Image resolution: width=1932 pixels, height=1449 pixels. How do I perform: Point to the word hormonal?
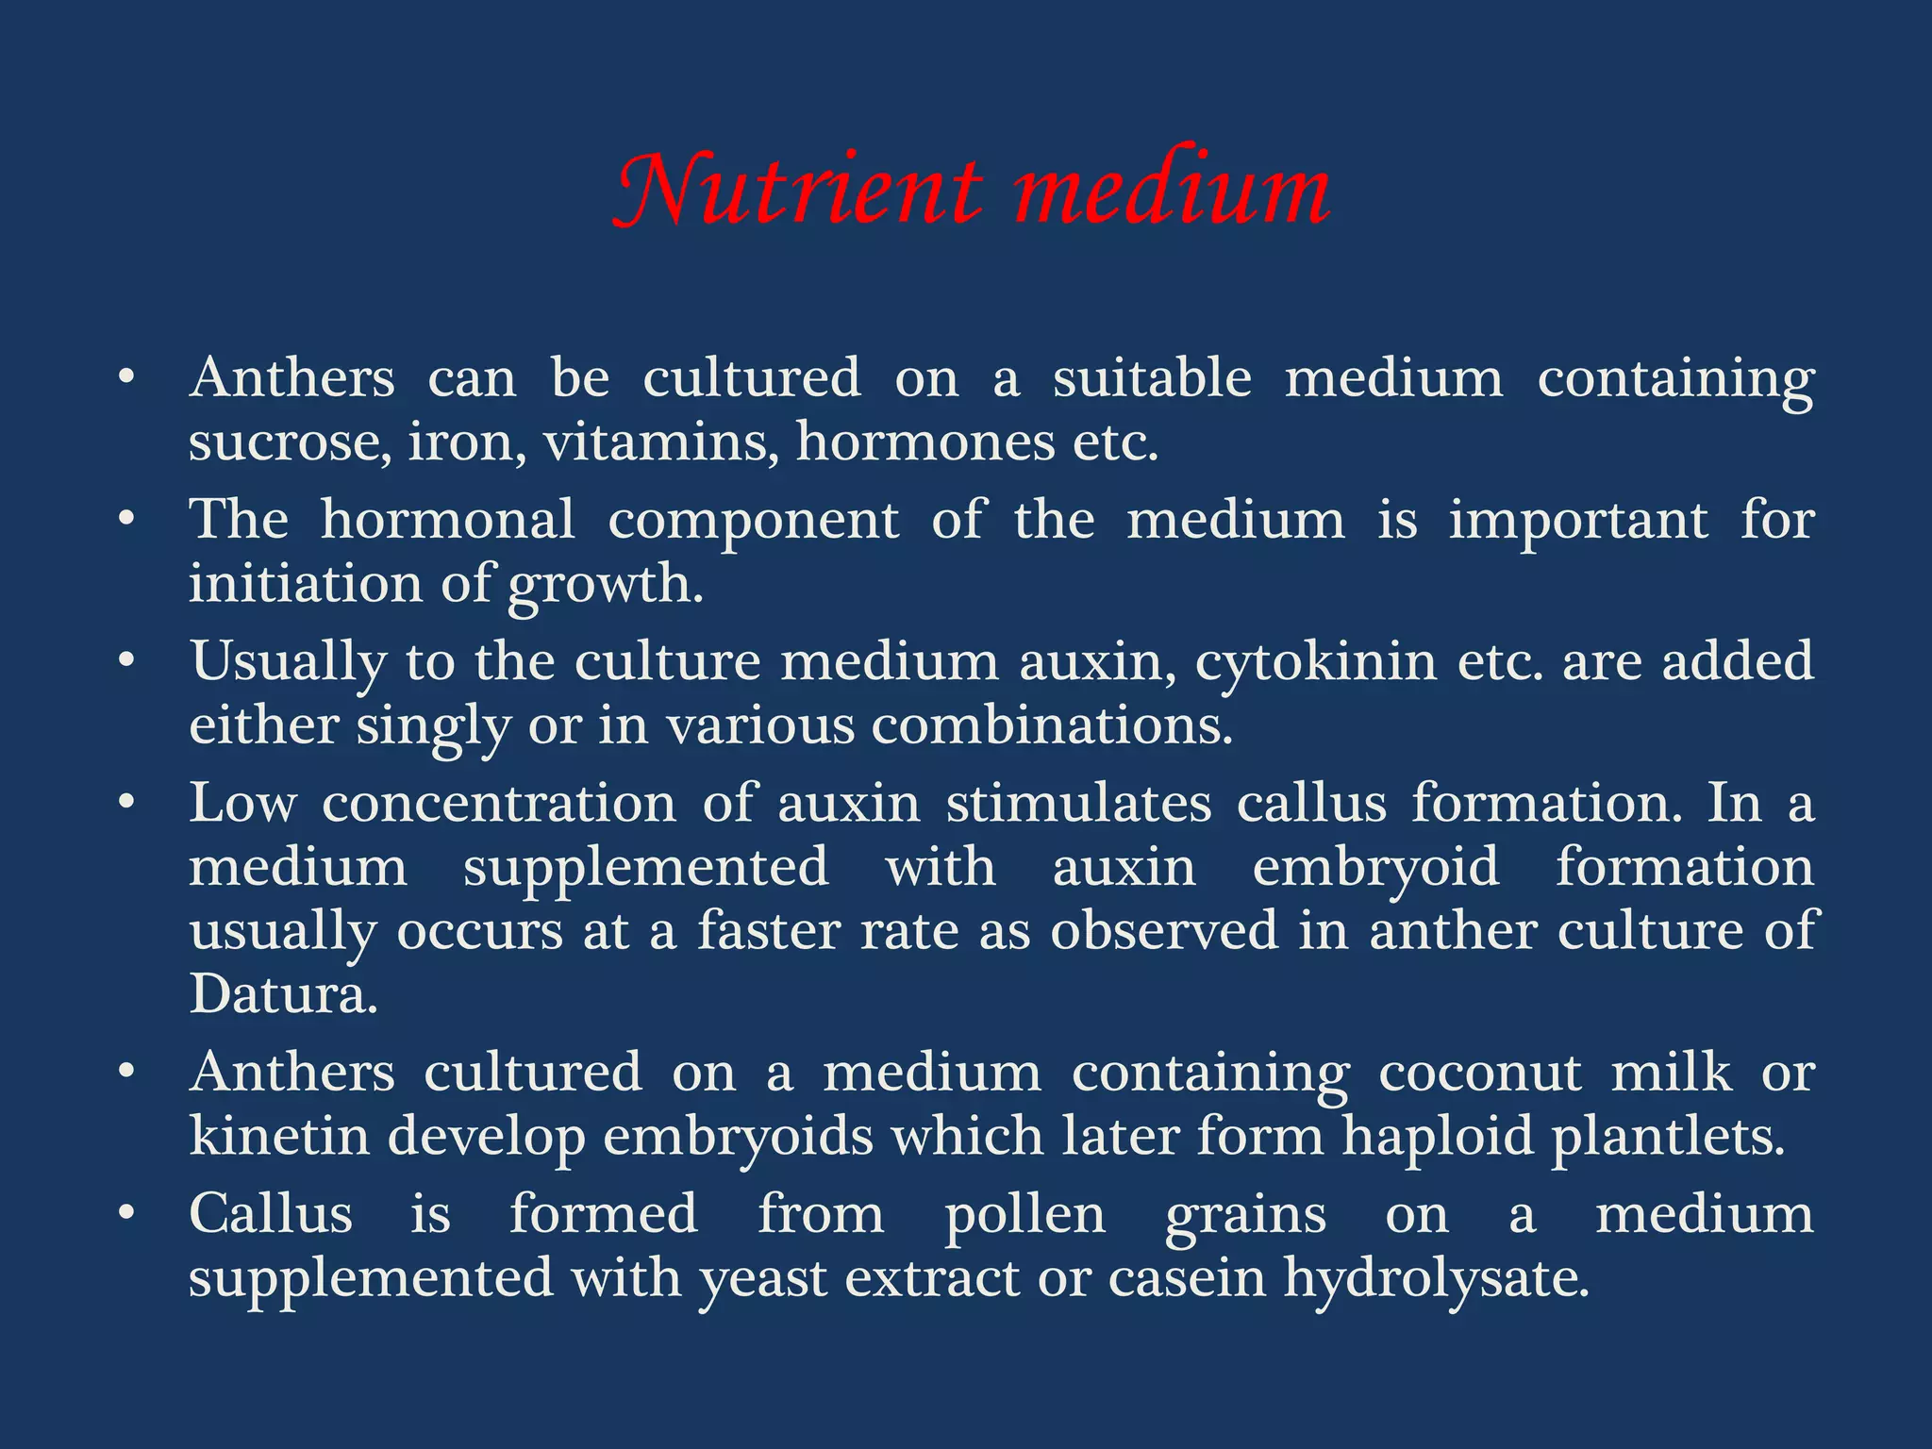(x=447, y=519)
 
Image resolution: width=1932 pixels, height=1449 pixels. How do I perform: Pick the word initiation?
(x=307, y=583)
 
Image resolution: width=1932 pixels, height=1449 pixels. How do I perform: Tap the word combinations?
(x=1052, y=726)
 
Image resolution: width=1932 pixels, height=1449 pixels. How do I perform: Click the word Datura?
(x=283, y=994)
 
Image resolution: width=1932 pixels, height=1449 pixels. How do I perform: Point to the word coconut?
(x=1480, y=1073)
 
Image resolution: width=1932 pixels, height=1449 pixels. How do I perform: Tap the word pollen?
(x=1025, y=1215)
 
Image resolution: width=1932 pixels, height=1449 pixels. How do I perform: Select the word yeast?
(x=762, y=1280)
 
